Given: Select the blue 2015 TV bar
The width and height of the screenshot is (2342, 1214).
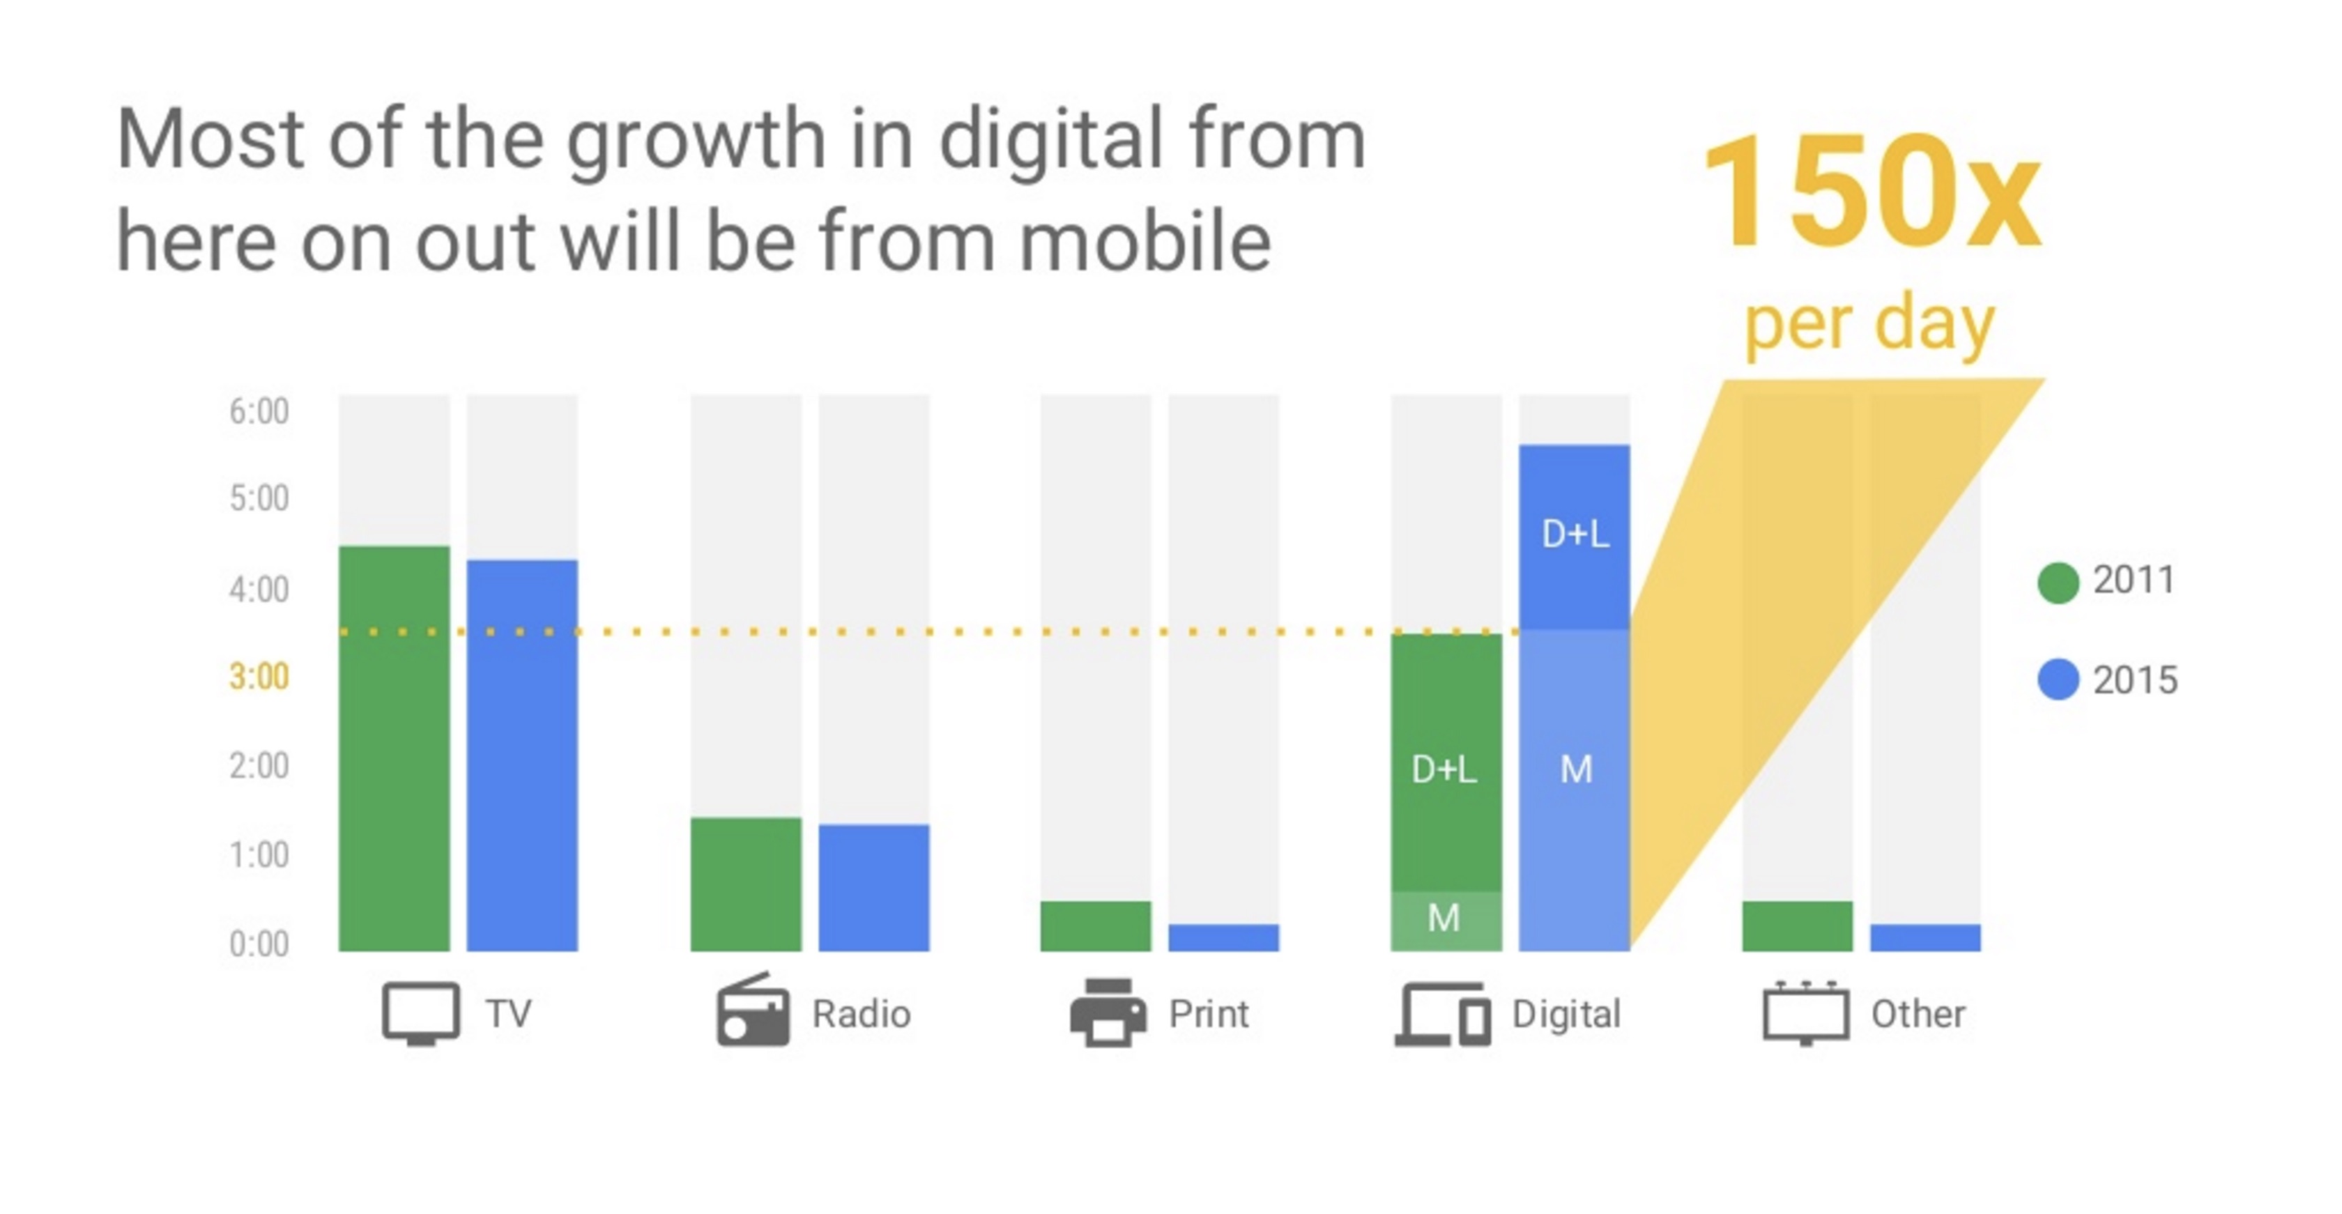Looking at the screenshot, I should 522,755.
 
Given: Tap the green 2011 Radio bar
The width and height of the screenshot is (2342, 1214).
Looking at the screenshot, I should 746,884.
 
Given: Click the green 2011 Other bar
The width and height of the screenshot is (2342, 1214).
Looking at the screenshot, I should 1796,926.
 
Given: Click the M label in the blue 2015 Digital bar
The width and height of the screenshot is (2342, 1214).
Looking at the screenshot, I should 1575,769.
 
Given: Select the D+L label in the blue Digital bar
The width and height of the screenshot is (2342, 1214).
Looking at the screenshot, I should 1575,533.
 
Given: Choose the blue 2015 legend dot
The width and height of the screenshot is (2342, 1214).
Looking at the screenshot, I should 2058,679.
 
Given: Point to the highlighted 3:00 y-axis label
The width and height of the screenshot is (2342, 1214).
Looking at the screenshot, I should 259,677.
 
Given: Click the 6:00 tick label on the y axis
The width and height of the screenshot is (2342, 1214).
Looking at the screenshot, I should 259,412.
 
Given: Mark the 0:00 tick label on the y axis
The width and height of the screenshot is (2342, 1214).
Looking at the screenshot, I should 259,944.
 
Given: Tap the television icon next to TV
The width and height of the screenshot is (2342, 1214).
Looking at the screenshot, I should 420,1013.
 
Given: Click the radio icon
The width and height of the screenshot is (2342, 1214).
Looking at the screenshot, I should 753,1011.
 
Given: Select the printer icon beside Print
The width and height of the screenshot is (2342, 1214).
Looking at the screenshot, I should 1108,1013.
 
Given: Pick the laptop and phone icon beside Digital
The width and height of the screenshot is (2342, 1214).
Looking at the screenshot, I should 1443,1014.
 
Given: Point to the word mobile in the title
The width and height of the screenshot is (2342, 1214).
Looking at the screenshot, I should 1145,242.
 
